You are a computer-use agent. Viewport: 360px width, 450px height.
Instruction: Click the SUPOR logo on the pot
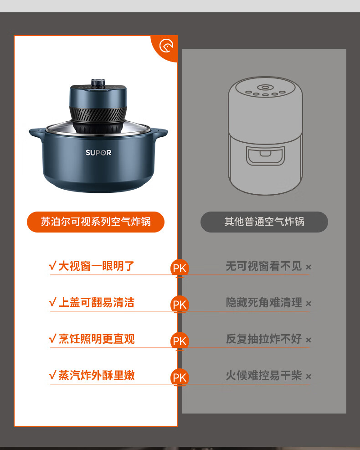(x=98, y=153)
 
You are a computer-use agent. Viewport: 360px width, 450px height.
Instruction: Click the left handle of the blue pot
(x=36, y=133)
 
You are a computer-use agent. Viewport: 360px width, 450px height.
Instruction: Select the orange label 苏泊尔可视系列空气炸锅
(x=96, y=222)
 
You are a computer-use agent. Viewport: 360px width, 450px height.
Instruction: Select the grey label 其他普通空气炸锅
(x=264, y=222)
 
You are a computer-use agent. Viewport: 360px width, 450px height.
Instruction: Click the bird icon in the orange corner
(x=166, y=46)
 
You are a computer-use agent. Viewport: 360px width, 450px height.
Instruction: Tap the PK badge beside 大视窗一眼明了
(x=180, y=268)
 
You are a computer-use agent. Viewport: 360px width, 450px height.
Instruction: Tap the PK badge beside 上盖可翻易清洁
(x=180, y=305)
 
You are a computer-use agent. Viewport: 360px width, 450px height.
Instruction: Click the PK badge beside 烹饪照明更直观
(x=180, y=341)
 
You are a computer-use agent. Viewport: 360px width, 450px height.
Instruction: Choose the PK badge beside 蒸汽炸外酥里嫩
(x=180, y=378)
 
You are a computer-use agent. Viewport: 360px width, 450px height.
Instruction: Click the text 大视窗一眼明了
(x=97, y=266)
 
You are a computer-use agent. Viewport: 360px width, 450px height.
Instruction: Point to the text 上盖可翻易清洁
(x=97, y=302)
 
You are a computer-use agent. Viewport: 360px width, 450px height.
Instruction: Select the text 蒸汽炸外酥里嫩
(x=97, y=375)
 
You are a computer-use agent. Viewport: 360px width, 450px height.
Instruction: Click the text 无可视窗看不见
(x=264, y=266)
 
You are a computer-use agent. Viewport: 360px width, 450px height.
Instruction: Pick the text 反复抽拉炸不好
(x=264, y=339)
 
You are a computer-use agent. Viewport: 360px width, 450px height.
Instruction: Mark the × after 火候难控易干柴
(x=309, y=376)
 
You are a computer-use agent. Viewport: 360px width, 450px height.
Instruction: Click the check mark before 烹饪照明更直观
(x=52, y=339)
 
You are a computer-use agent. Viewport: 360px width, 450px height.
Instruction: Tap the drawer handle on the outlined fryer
(x=265, y=154)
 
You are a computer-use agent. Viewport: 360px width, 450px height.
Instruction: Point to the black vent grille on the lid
(x=98, y=114)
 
